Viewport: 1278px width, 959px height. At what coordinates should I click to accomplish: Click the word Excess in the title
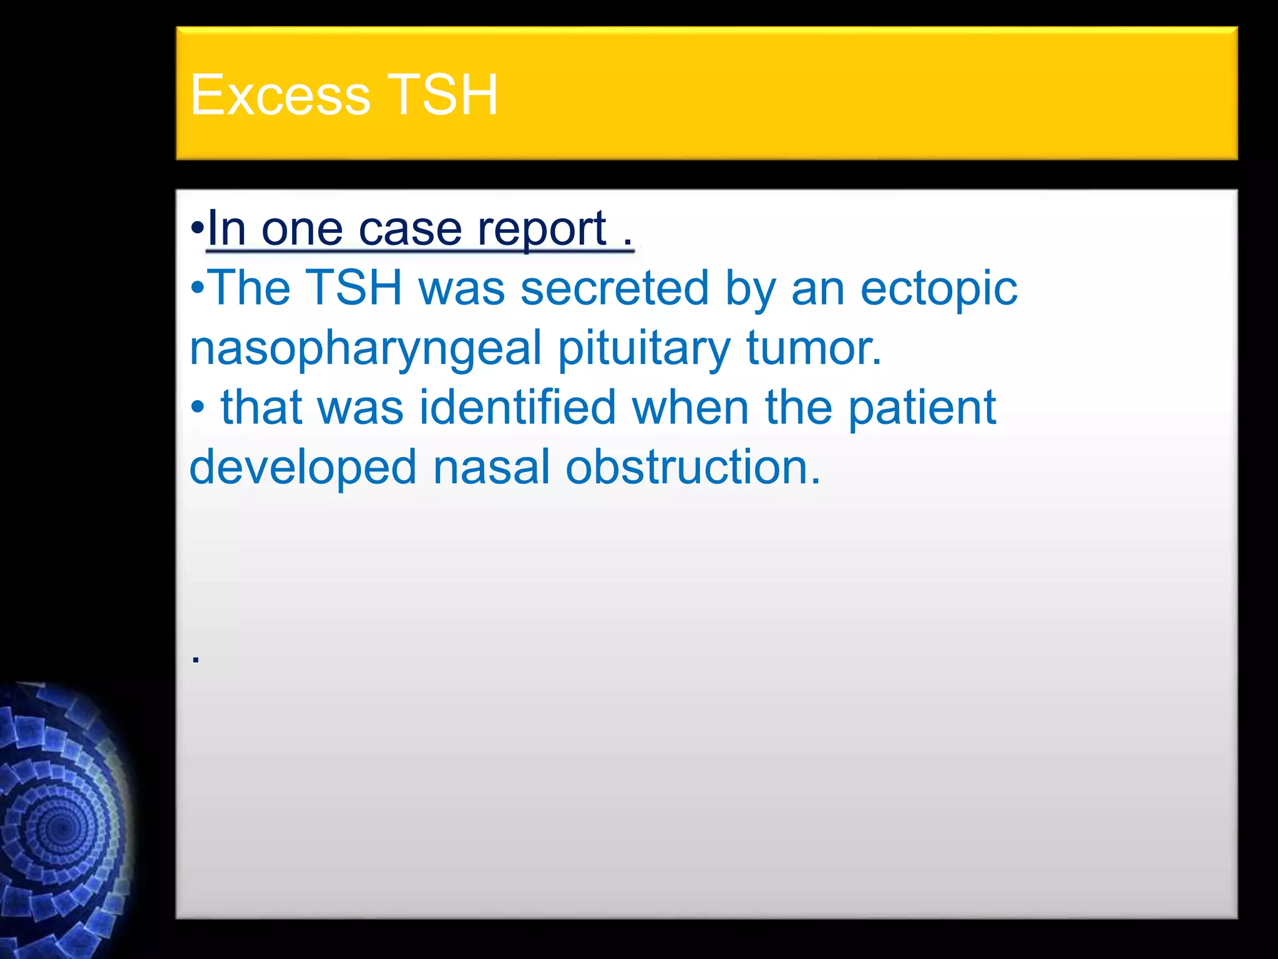click(280, 95)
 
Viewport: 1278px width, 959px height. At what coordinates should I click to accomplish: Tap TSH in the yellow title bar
click(442, 95)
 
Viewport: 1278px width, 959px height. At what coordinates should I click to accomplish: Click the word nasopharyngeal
click(365, 348)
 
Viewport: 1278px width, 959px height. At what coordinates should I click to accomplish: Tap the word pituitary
click(643, 348)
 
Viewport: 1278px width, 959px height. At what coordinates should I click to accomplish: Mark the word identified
click(517, 407)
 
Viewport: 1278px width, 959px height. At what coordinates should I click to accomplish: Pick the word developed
click(303, 468)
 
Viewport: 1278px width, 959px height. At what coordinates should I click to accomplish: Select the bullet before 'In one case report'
click(197, 229)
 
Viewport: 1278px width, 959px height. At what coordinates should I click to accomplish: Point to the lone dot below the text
click(196, 659)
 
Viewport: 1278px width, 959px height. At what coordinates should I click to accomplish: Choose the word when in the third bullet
click(690, 407)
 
